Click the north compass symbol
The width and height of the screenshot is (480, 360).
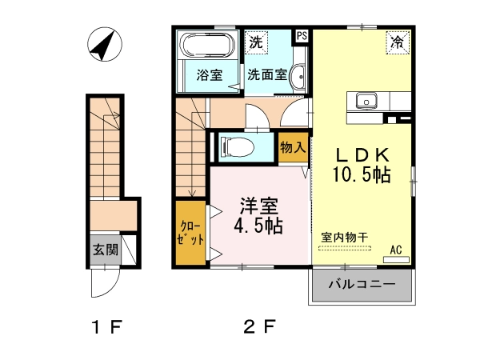pyautogui.click(x=105, y=44)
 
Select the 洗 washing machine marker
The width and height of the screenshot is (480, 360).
pyautogui.click(x=256, y=42)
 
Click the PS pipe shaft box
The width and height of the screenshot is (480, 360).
pyautogui.click(x=302, y=36)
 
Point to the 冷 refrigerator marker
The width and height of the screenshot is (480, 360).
pyautogui.click(x=398, y=43)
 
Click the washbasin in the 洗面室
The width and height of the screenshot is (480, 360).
pyautogui.click(x=298, y=77)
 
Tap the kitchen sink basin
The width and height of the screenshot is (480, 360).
pyautogui.click(x=366, y=100)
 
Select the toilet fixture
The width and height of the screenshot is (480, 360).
pyautogui.click(x=238, y=147)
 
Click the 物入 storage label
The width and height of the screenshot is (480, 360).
pyautogui.click(x=293, y=148)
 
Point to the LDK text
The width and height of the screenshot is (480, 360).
pyautogui.click(x=363, y=155)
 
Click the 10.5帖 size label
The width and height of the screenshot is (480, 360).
pyautogui.click(x=362, y=174)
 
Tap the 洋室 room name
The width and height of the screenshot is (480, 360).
pyautogui.click(x=259, y=206)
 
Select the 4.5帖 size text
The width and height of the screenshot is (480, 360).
pyautogui.click(x=258, y=226)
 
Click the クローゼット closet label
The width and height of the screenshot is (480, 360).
pyautogui.click(x=190, y=233)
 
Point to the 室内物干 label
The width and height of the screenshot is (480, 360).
pyautogui.click(x=344, y=238)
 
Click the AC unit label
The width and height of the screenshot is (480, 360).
pyautogui.click(x=396, y=250)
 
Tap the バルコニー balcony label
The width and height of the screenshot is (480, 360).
pyautogui.click(x=362, y=285)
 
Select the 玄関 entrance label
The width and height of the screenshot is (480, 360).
pyautogui.click(x=106, y=250)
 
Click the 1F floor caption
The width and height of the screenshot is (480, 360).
pyautogui.click(x=107, y=327)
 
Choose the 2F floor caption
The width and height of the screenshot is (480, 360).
pyautogui.click(x=259, y=326)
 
